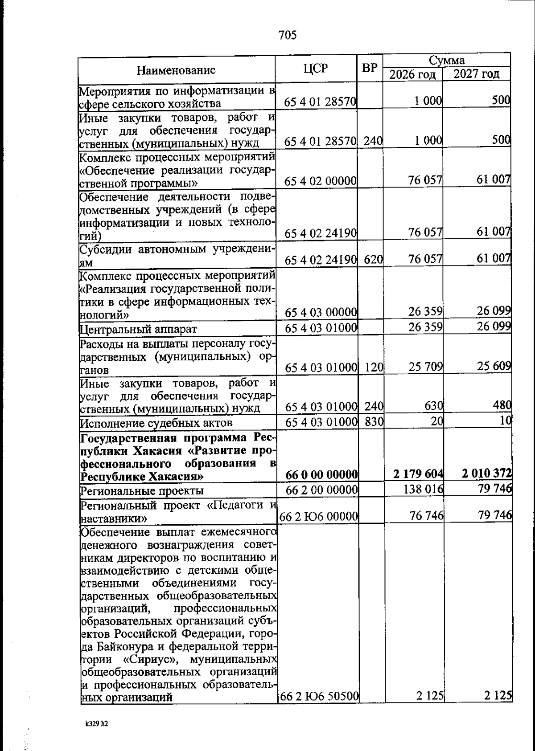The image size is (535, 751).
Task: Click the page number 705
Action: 287,35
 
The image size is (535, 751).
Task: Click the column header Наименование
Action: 176,70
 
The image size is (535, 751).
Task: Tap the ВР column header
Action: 369,69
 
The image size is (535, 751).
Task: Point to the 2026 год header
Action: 412,74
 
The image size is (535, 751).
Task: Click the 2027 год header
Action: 476,73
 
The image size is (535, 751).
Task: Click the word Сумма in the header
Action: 446,60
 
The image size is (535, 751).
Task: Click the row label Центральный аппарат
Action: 138,330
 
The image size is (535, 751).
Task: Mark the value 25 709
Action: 425,367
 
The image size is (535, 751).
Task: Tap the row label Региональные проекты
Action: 141,491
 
